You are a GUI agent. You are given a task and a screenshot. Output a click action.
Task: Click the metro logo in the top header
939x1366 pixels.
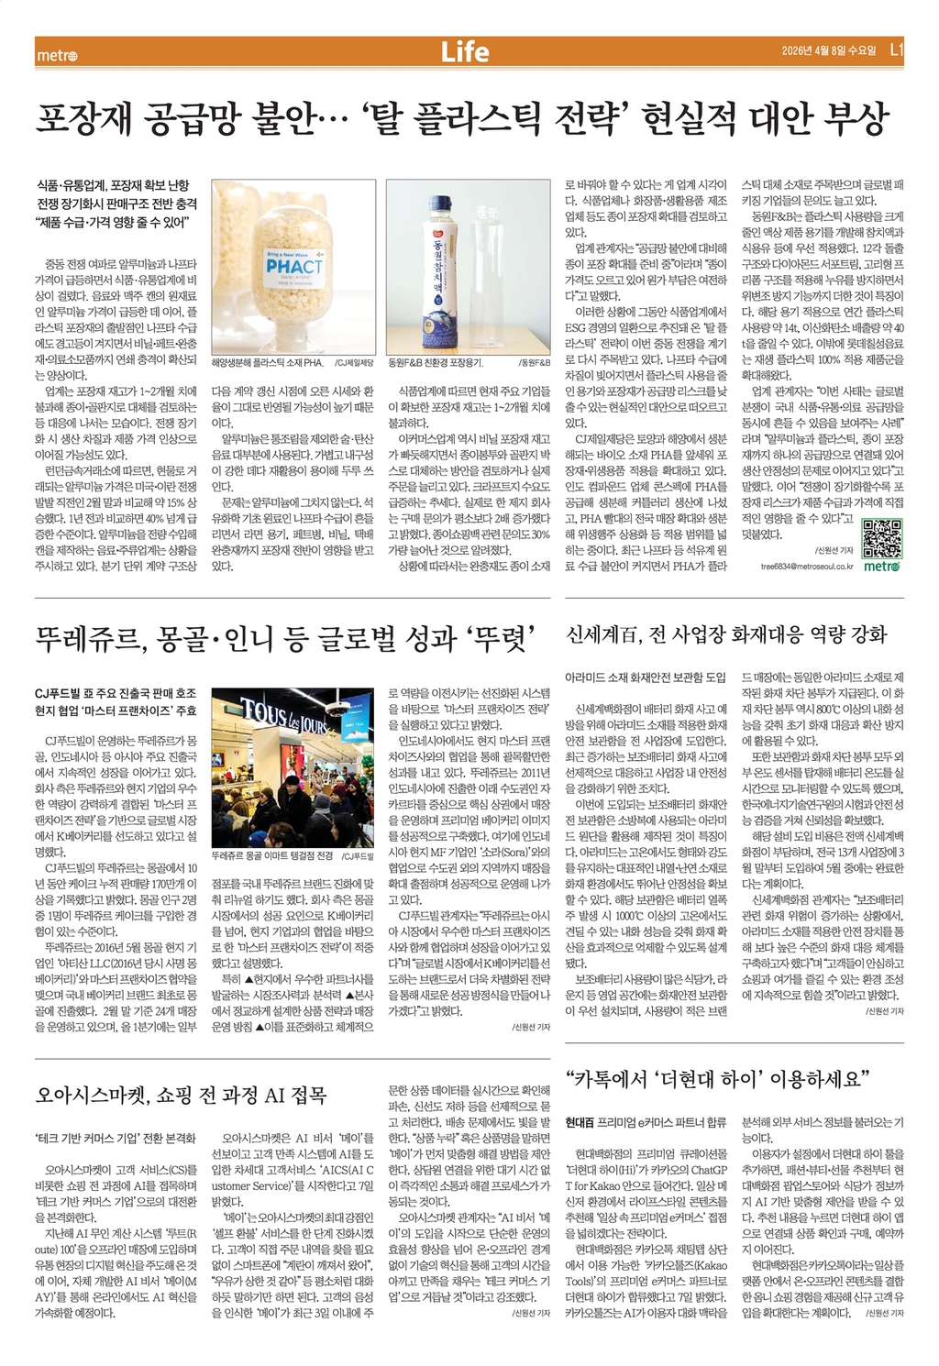point(57,55)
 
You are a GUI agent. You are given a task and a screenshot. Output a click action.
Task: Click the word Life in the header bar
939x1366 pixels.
point(465,52)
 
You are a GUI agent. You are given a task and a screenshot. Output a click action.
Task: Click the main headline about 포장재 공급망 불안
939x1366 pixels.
point(462,117)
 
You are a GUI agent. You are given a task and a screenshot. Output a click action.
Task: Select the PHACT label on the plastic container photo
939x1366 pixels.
point(293,266)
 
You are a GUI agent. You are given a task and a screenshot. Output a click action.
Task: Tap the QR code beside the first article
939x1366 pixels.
point(882,539)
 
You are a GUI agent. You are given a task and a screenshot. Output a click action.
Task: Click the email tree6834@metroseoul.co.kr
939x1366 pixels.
point(807,567)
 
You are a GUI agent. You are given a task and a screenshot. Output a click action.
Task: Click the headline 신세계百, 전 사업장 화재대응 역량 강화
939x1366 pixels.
point(726,634)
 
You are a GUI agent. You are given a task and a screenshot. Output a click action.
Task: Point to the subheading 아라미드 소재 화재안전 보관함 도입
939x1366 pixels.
point(645,677)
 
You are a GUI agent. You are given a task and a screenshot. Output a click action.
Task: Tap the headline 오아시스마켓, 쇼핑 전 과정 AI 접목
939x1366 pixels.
point(181,1095)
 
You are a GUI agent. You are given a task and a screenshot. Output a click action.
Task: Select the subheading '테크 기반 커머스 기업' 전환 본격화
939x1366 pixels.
point(116,1138)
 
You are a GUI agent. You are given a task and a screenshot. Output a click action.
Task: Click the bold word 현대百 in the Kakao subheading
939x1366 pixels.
point(580,1122)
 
